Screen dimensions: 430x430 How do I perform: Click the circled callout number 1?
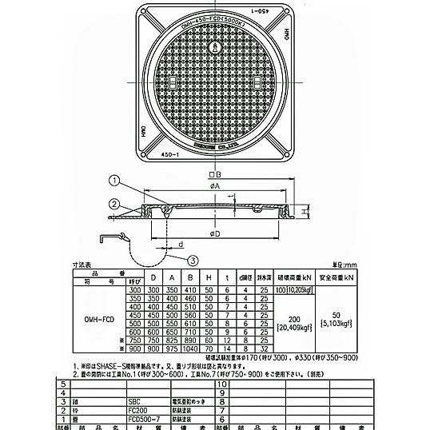[115, 180]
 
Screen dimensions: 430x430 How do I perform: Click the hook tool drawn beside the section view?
[108, 241]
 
